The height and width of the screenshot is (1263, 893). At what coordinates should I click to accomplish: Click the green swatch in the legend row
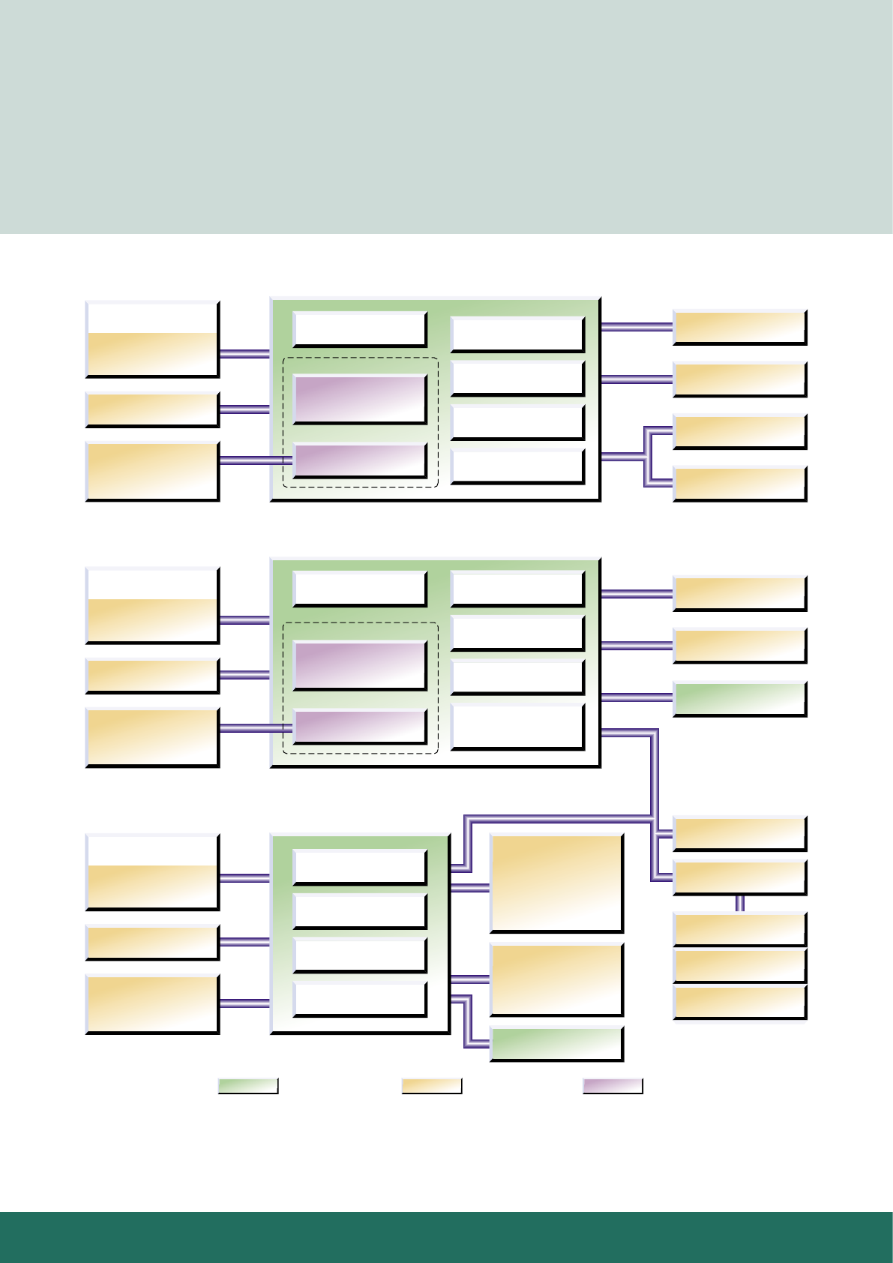(248, 1086)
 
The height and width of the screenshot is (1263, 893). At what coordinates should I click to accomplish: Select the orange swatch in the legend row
(431, 1086)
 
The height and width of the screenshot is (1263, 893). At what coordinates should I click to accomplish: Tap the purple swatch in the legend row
(613, 1086)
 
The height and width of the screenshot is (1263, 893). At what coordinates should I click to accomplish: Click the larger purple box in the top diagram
(359, 399)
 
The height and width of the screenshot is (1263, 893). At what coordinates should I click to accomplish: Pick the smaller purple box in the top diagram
(359, 460)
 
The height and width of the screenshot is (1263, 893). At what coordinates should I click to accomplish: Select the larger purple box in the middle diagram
(359, 665)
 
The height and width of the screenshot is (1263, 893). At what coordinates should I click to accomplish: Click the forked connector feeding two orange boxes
(646, 456)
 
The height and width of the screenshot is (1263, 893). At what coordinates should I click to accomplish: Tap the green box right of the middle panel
(739, 699)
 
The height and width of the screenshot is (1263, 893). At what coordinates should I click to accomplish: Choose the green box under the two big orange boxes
(556, 1044)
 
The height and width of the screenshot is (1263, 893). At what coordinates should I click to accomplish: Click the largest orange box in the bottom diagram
(556, 883)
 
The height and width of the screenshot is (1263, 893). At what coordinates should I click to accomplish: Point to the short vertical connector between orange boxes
(740, 904)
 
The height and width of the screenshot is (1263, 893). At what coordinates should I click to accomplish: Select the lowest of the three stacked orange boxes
(739, 1003)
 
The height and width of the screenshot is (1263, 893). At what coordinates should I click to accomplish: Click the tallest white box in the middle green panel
(517, 726)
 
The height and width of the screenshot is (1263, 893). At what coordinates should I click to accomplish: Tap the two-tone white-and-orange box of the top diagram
(152, 339)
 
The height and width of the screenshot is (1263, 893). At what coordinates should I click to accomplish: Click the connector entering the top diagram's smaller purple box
(255, 460)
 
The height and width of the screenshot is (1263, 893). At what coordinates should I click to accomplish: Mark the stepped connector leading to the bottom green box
(468, 1020)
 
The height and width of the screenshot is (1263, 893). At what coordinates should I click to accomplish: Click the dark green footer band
(446, 1237)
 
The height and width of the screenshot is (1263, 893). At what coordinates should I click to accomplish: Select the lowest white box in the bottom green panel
(359, 999)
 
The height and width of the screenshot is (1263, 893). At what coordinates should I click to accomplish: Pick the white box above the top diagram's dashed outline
(359, 328)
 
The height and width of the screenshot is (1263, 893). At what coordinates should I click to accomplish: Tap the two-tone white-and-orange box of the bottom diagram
(152, 871)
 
